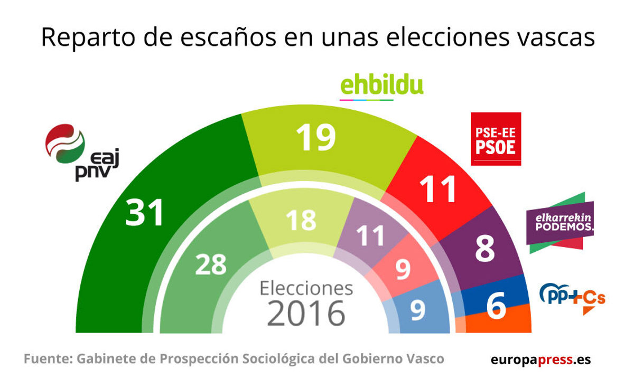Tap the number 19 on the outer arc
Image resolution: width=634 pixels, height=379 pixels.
click(x=316, y=137)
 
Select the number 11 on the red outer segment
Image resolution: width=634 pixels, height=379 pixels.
click(x=438, y=189)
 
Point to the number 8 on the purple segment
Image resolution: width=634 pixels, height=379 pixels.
click(x=484, y=250)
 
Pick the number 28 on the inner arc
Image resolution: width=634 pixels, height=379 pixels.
click(x=210, y=265)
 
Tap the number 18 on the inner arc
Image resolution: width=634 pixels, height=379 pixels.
click(x=301, y=220)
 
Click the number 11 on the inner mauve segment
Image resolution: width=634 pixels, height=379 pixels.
click(x=370, y=235)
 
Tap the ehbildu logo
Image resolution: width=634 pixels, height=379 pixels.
click(x=381, y=87)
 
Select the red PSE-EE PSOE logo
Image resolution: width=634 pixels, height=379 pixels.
click(x=496, y=138)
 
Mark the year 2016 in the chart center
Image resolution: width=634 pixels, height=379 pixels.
click(x=306, y=314)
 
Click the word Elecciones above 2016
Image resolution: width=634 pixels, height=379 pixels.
click(x=306, y=288)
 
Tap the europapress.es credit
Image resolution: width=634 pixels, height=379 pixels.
click(x=540, y=360)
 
